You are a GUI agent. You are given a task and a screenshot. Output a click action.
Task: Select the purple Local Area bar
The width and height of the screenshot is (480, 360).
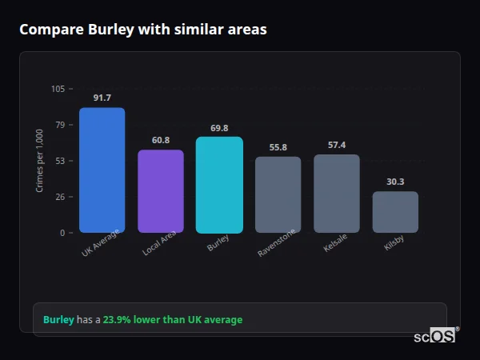[161, 191]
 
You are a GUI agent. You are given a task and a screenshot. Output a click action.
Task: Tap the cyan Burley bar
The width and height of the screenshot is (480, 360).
[219, 185]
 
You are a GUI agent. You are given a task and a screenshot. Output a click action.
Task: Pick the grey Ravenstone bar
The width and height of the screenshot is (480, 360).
[278, 194]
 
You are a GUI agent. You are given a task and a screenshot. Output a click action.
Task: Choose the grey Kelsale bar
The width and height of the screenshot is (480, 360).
[337, 194]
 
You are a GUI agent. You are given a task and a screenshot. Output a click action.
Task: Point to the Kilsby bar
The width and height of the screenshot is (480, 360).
[395, 212]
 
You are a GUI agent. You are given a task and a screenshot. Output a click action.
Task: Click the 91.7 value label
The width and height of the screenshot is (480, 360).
[102, 98]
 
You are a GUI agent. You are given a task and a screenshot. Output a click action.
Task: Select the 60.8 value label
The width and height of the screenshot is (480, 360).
[161, 140]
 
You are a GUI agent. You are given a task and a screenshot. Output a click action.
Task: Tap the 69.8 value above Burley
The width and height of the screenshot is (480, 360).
[219, 127]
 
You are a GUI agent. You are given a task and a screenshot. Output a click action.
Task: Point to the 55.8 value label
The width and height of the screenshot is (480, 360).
[278, 147]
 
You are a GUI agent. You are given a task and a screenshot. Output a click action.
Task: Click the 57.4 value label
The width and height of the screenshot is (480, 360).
[337, 145]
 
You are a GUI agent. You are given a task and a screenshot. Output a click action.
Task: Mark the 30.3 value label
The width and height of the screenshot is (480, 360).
[395, 182]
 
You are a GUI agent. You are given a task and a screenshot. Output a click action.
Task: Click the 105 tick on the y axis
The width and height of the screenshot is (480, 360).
[58, 89]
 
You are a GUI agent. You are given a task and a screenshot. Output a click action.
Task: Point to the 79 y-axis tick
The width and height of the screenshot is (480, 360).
[60, 125]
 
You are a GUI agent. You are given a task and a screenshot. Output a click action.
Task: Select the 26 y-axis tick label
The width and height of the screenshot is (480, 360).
[60, 197]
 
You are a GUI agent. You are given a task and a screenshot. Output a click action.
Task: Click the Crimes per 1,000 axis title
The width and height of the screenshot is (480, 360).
[40, 161]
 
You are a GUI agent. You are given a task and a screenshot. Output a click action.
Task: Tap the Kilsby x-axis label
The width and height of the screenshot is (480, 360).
[394, 243]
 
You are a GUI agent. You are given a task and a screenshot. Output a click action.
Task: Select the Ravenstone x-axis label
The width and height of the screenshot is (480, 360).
[277, 242]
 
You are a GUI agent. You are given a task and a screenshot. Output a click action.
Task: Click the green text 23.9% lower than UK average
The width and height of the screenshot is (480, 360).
[172, 320]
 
